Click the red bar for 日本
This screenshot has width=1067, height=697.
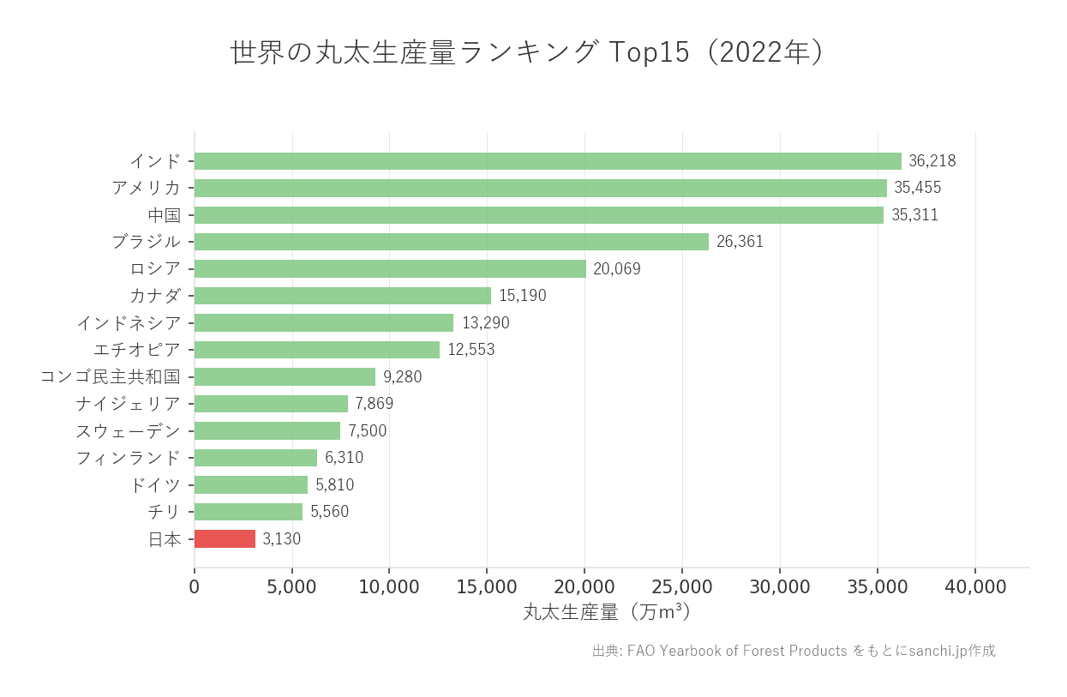click(225, 538)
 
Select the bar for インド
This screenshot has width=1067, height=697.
click(548, 161)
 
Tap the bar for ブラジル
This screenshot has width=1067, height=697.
click(452, 242)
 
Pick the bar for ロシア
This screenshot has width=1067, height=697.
click(390, 269)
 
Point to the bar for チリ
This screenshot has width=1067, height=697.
click(249, 512)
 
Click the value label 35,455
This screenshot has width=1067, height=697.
click(918, 188)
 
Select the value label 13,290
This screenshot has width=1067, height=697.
click(485, 323)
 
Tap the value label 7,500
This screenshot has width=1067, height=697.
click(367, 430)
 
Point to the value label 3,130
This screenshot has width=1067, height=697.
click(281, 539)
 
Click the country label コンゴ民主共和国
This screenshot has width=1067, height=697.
click(111, 376)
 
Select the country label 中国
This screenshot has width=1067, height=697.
click(164, 215)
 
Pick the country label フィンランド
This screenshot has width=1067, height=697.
click(129, 458)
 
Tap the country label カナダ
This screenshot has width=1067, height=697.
click(155, 296)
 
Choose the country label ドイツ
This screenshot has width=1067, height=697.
click(155, 485)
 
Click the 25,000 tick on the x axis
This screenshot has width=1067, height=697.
click(682, 587)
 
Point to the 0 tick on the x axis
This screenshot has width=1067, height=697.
click(195, 587)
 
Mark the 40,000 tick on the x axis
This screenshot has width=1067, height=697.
click(975, 587)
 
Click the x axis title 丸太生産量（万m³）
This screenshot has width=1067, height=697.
click(607, 612)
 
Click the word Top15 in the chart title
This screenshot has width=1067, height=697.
click(649, 52)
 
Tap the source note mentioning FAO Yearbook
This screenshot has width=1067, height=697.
click(794, 651)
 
